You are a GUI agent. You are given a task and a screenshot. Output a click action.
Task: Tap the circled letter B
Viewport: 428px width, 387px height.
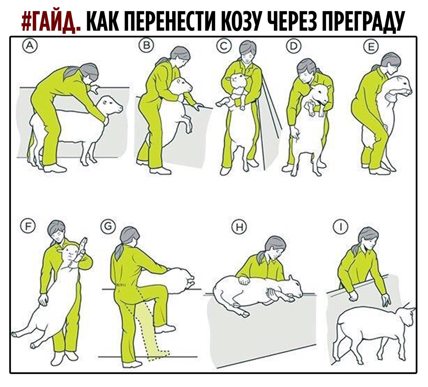(x=146, y=45)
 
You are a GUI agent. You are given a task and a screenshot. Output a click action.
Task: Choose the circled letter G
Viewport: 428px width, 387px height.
(x=108, y=226)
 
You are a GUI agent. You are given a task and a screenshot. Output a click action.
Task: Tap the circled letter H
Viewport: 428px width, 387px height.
(x=239, y=227)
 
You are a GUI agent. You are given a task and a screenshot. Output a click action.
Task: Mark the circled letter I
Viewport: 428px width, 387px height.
(x=341, y=226)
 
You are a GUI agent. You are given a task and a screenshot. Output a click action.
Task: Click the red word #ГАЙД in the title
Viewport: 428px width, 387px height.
(x=51, y=21)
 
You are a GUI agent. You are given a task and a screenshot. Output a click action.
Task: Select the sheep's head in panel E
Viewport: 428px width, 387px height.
(x=401, y=86)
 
